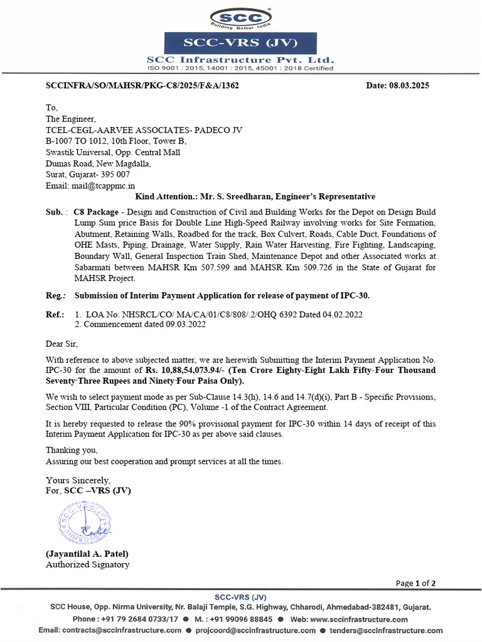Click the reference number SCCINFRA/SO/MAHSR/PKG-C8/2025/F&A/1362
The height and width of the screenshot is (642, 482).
(142, 85)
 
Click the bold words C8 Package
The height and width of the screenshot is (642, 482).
(95, 212)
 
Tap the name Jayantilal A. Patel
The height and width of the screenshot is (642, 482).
(87, 554)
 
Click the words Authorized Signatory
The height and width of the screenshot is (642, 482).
(87, 564)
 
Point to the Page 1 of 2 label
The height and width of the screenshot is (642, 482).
(416, 583)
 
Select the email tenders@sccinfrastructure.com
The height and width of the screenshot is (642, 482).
(386, 630)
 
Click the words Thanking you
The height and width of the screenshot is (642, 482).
(72, 450)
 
